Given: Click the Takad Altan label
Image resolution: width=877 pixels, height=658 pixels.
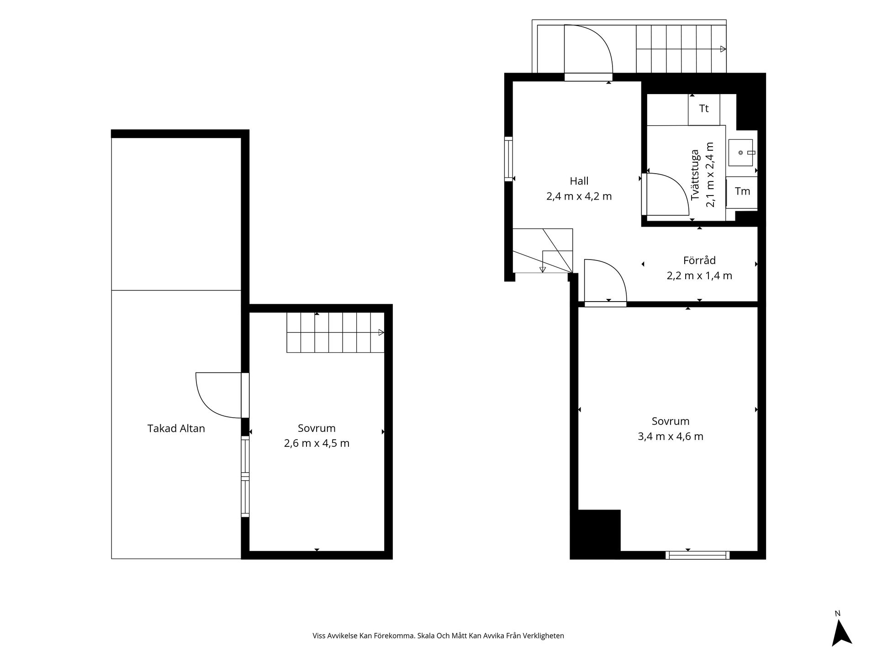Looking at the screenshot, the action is pos(176,428).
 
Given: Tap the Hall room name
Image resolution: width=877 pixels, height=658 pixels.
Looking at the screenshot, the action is pos(579,181).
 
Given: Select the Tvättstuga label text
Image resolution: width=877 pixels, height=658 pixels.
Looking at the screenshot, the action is pos(695,175).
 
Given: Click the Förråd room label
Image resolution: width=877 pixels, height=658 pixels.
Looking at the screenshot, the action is pos(699,260).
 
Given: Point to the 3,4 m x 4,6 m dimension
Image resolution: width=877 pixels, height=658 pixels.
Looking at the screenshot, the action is pos(671,436).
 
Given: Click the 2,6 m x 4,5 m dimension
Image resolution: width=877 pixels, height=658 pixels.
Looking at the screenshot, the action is pos(317,443).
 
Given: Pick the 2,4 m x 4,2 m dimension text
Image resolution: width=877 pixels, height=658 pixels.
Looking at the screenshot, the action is pos(579,196).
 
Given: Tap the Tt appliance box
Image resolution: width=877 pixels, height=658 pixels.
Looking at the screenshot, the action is pos(704,109).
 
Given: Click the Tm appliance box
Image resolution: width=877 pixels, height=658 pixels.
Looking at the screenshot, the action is pos(742,192).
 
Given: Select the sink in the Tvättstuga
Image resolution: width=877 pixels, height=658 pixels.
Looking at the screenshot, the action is pos(740,153).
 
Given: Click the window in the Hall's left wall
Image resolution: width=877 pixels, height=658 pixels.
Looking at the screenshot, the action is pos(508,159).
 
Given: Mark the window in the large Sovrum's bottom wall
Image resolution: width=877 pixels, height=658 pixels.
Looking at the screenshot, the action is pos(697,555).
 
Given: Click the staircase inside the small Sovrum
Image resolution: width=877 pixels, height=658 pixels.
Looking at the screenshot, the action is pos(335,332).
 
